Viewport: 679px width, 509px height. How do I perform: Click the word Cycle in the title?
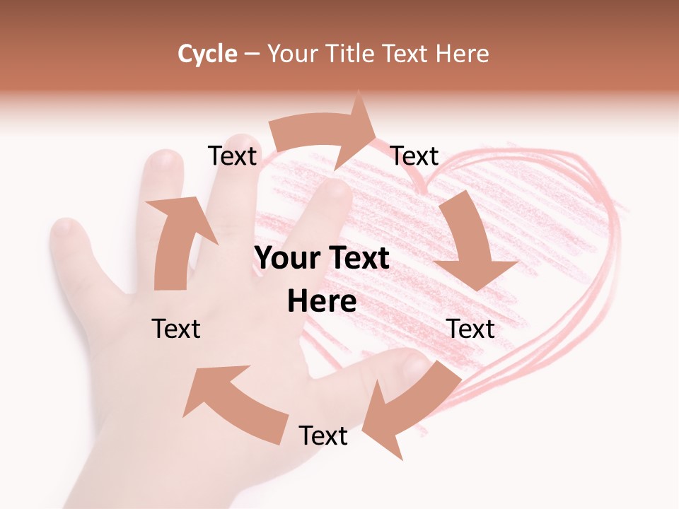pyautogui.click(x=207, y=54)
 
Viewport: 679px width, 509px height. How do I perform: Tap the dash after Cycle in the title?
pyautogui.click(x=251, y=54)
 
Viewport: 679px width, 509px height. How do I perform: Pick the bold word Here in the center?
pyautogui.click(x=322, y=302)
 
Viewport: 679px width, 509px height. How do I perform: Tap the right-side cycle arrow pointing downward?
pyautogui.click(x=470, y=244)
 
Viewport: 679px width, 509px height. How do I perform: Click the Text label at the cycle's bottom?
pyautogui.click(x=323, y=435)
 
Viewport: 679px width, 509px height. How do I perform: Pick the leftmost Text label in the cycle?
pyautogui.click(x=176, y=329)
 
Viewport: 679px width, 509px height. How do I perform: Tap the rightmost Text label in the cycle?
pyautogui.click(x=470, y=329)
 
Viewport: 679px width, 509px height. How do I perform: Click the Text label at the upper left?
pyautogui.click(x=232, y=156)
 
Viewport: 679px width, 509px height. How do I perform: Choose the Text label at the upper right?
pyautogui.click(x=414, y=156)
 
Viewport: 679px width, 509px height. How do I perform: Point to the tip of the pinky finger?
pyautogui.click(x=65, y=228)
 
